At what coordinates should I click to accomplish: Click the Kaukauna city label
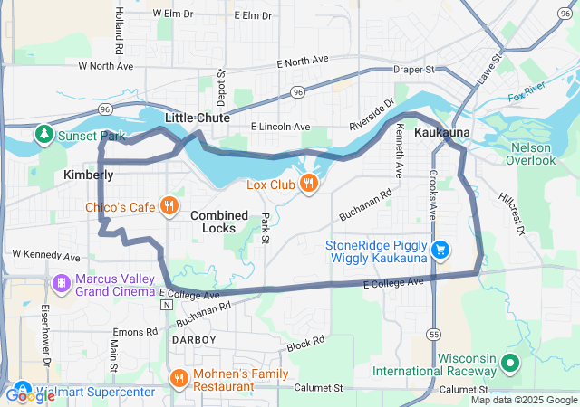pyautogui.click(x=441, y=133)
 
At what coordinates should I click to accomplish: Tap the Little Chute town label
pyautogui.click(x=197, y=118)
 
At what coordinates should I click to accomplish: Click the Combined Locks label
pyautogui.click(x=218, y=222)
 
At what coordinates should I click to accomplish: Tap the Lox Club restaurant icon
pyautogui.click(x=309, y=185)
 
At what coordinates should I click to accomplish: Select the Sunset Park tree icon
pyautogui.click(x=43, y=136)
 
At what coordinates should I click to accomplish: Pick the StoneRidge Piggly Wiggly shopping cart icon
pyautogui.click(x=440, y=249)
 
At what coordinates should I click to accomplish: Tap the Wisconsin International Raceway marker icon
pyautogui.click(x=509, y=364)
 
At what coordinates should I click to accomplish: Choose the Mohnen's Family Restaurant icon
pyautogui.click(x=179, y=378)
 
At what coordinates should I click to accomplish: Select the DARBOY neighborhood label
pyautogui.click(x=193, y=339)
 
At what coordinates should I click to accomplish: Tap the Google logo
pyautogui.click(x=29, y=395)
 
